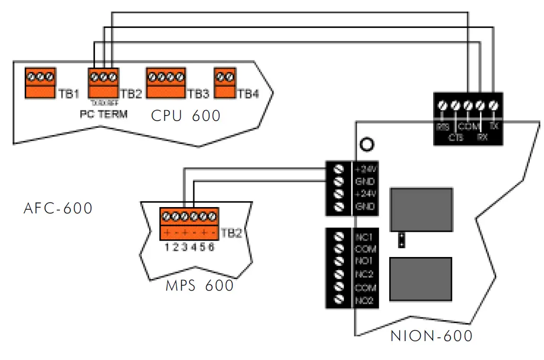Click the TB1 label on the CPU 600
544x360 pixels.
[69, 94]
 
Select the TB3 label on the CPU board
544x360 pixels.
[198, 94]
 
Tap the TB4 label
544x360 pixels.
[248, 94]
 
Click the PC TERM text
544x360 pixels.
[103, 114]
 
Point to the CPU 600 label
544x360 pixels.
[186, 116]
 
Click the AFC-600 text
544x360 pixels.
[58, 209]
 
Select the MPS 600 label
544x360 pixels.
[200, 286]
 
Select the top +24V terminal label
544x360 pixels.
[365, 170]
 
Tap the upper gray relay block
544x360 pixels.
[420, 209]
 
